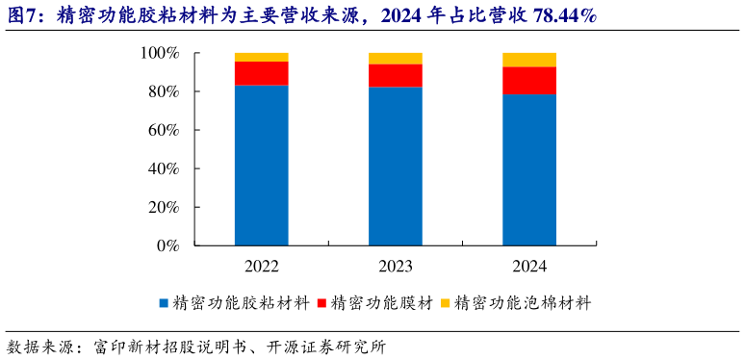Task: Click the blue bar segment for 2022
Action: tap(262, 166)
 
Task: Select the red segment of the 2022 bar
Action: tap(262, 73)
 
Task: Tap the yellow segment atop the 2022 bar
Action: tap(262, 57)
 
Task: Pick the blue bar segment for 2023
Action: tap(396, 166)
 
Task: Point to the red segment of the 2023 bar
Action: tap(396, 75)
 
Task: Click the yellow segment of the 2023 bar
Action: tap(396, 58)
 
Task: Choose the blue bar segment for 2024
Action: tap(529, 169)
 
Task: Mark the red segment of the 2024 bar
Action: tap(529, 81)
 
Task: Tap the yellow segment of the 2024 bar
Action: tap(529, 60)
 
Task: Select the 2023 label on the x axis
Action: tap(396, 266)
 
